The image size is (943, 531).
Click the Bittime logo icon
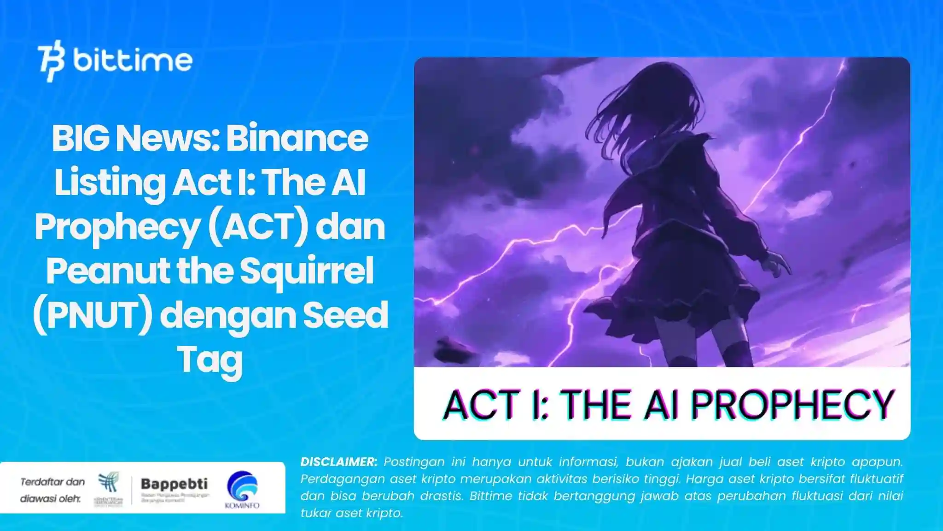51,63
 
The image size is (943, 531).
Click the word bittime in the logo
133,61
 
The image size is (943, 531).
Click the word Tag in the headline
210,360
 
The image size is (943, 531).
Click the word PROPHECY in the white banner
792,404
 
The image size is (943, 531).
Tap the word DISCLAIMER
338,462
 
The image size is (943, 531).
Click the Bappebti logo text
174,484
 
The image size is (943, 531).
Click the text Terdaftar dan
52,482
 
